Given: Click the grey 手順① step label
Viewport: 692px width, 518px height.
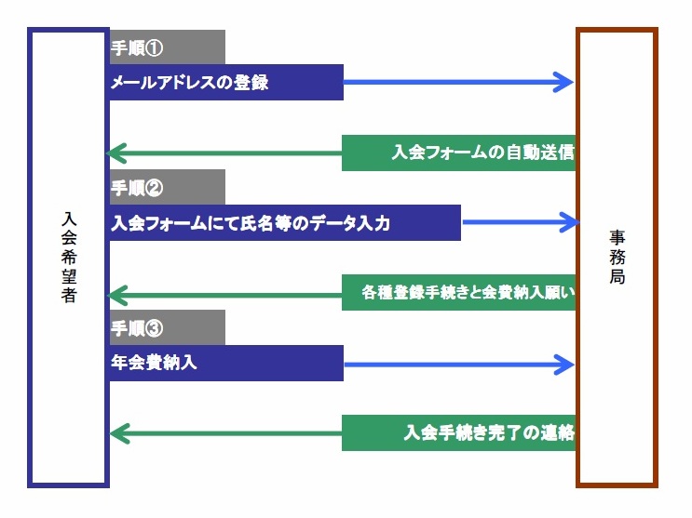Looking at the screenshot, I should point(167,46).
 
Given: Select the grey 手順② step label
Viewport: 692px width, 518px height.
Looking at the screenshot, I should point(167,187).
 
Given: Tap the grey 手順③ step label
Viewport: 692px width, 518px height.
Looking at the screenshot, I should point(167,327).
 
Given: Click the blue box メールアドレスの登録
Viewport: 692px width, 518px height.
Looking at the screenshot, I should point(226,82).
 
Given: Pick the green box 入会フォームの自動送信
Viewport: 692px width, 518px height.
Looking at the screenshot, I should point(458,153).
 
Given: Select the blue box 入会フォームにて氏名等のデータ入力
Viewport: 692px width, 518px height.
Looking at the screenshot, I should point(285,222).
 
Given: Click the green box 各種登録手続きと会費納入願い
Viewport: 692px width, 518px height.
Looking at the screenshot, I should point(458,294).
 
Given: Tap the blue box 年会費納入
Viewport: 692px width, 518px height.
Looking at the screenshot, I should point(226,364).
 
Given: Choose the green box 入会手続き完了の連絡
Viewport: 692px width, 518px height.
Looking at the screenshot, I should point(458,432).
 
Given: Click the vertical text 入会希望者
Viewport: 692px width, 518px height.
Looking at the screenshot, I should point(69,256).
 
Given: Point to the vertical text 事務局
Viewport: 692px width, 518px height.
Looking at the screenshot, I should point(617,256).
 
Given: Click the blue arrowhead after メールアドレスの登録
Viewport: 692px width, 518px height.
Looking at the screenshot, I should point(563,82).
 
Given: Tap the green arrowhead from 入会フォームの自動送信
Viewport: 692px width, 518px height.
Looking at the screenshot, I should point(119,153).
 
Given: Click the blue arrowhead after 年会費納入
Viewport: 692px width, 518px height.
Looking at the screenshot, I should point(563,364).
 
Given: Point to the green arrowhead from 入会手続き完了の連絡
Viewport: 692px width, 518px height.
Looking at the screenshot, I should point(119,432).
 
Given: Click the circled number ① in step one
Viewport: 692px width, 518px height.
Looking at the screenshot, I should point(156,46).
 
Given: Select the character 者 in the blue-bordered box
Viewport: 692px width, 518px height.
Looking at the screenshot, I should point(69,296).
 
